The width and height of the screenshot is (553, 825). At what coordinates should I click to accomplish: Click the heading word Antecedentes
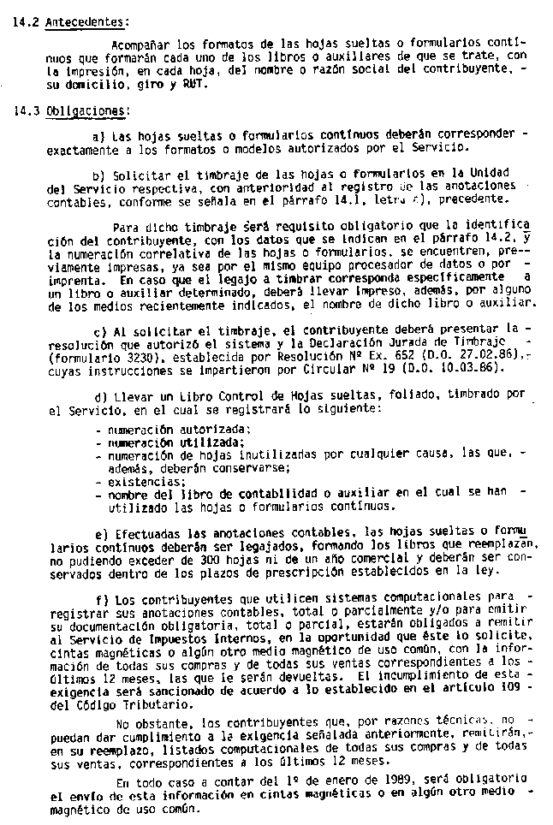(x=86, y=23)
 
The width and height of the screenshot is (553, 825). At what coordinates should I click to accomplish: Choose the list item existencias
(x=132, y=482)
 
